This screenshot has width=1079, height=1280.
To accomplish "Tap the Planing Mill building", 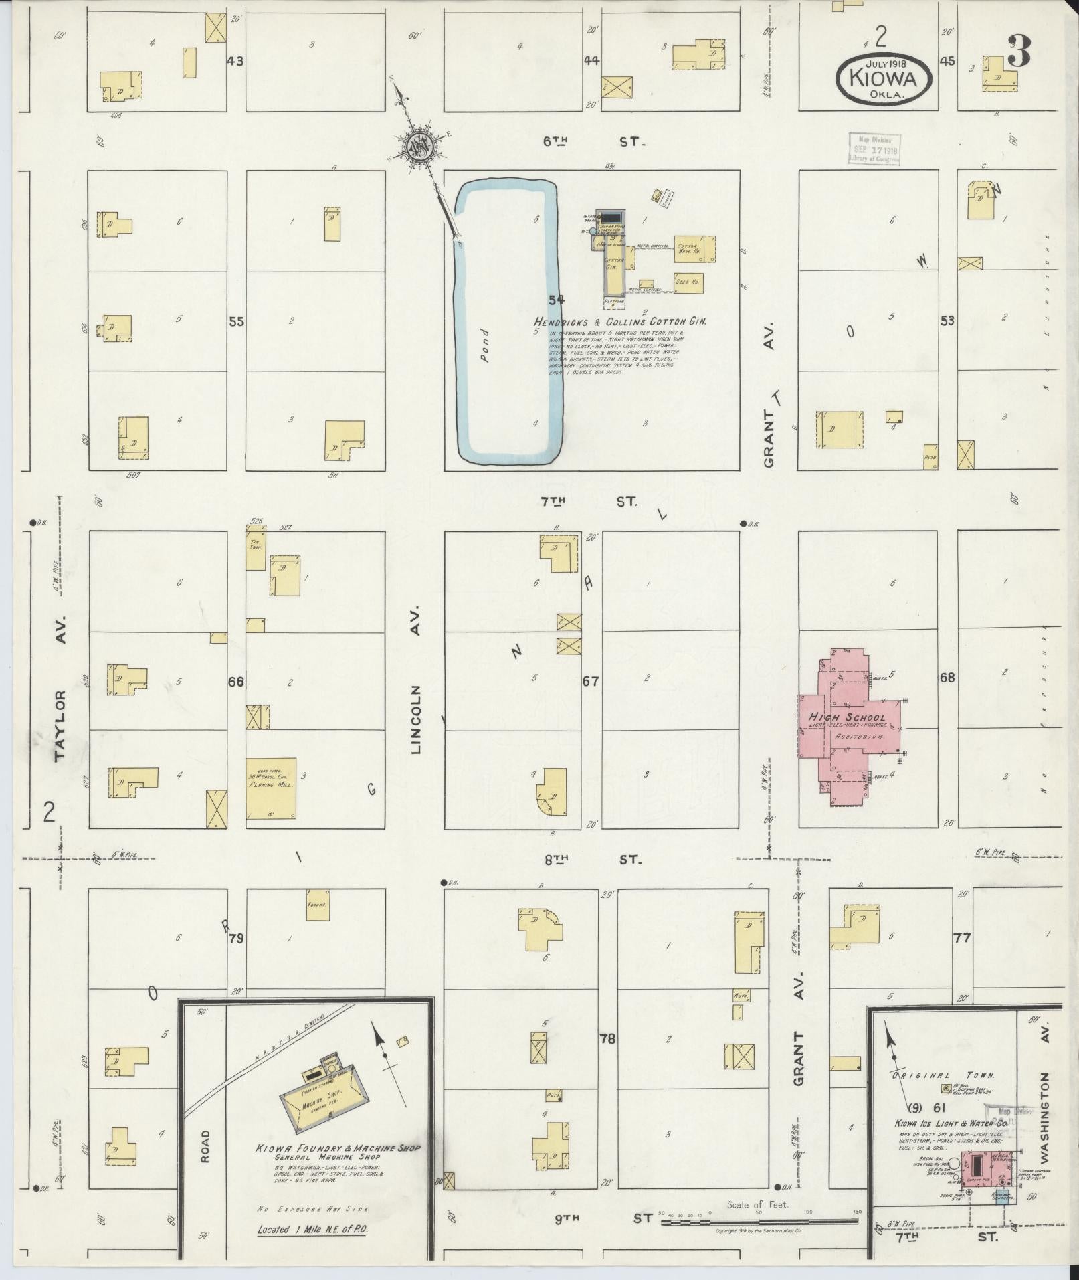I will (x=271, y=788).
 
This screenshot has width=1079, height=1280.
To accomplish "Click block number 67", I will (x=590, y=682).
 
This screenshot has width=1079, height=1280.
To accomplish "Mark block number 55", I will (x=236, y=321).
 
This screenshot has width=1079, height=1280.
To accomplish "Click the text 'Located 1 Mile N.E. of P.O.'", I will (x=313, y=1230).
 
